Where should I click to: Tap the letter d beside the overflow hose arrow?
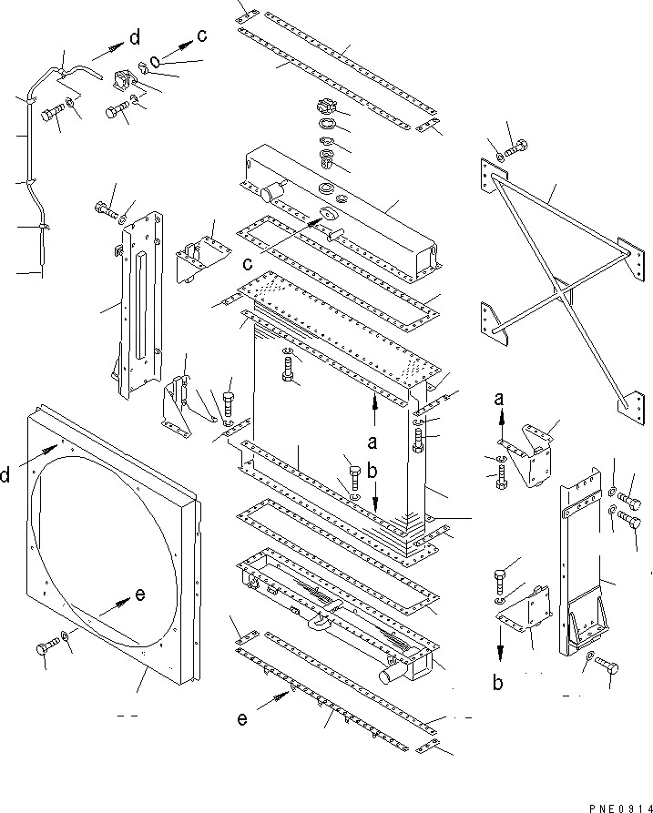(135, 37)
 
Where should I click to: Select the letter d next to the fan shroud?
(6, 475)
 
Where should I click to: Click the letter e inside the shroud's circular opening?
(139, 595)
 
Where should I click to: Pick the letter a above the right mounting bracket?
(499, 399)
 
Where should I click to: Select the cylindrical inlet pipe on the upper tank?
(271, 193)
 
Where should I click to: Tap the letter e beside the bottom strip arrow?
(241, 719)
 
